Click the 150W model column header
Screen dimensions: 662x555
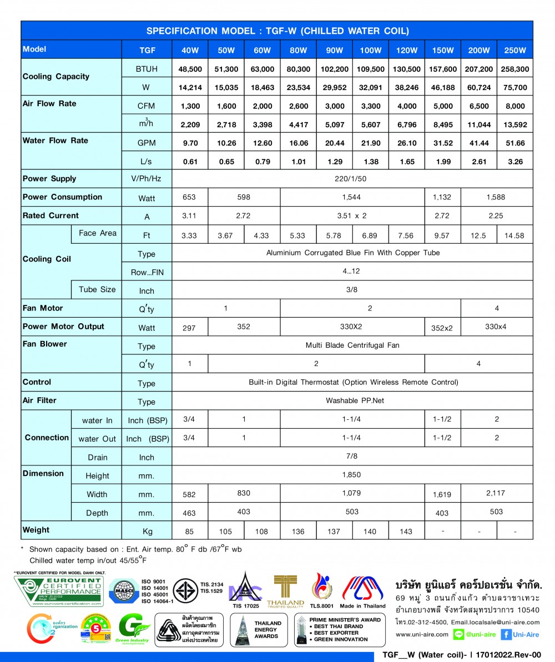coord(442,51)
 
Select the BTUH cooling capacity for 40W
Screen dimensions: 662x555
coord(189,69)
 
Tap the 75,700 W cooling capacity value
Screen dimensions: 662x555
coord(515,87)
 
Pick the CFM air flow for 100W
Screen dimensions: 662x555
coord(370,106)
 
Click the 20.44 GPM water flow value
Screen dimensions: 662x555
coord(335,143)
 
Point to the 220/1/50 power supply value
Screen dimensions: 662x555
coord(352,179)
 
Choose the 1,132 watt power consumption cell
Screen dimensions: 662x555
coord(442,197)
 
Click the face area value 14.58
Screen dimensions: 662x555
coord(514,235)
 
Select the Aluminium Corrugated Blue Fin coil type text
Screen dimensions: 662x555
coord(353,253)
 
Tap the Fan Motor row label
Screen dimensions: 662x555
coord(43,308)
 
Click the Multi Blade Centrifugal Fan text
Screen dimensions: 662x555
coord(352,345)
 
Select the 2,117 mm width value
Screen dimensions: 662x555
coord(496,493)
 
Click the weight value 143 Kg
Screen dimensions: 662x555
coord(406,531)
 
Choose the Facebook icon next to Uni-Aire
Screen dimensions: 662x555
coord(506,634)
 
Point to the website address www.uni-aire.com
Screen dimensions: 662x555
coord(422,634)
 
